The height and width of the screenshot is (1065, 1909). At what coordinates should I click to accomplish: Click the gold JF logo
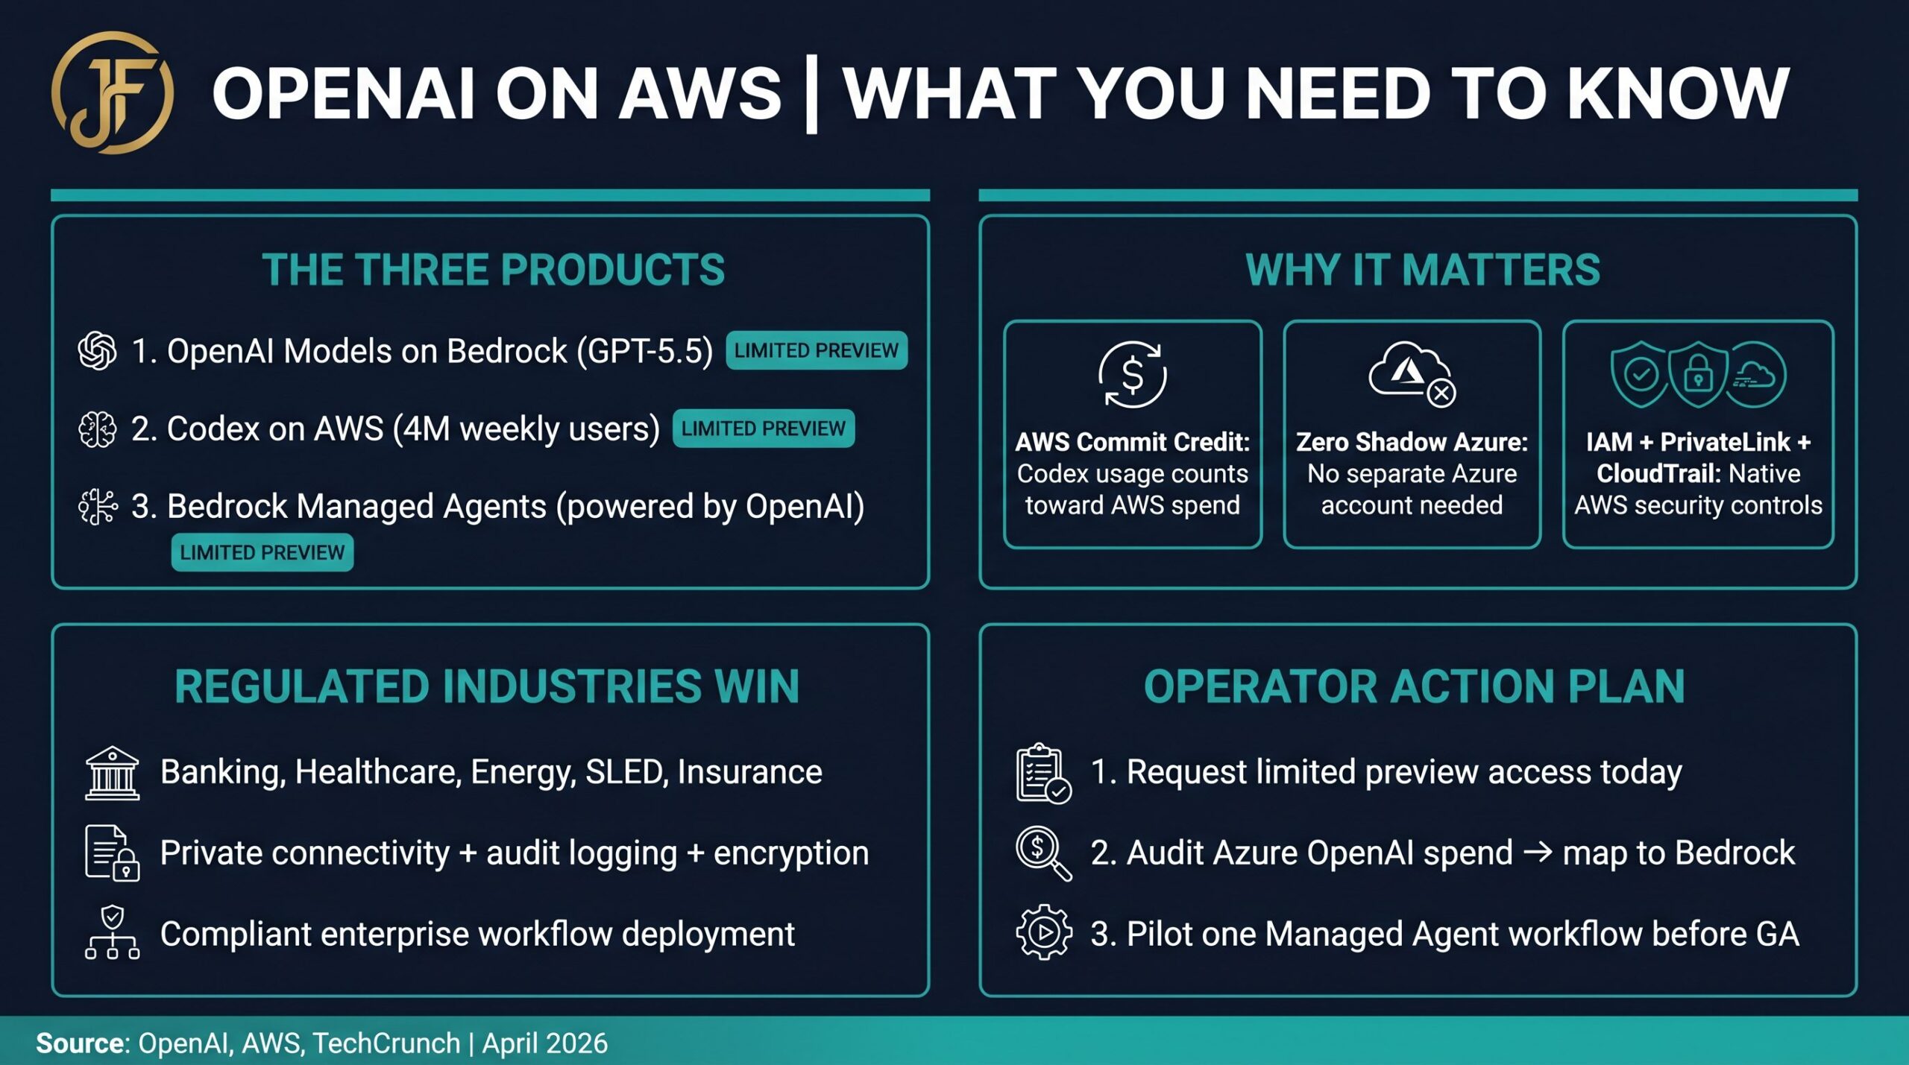(112, 93)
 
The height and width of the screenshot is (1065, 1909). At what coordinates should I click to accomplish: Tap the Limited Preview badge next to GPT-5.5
(816, 350)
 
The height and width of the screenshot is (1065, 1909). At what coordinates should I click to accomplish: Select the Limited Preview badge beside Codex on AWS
(763, 429)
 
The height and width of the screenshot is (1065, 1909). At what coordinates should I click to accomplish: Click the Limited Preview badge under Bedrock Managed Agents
(262, 552)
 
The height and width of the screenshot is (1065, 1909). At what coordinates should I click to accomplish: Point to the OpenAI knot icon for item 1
(97, 350)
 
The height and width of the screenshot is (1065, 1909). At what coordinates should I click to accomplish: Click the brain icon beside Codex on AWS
(97, 429)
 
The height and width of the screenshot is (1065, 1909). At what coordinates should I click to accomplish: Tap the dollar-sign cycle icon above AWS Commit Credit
(1132, 374)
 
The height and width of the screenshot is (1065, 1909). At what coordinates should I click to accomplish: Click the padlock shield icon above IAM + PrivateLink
(1698, 374)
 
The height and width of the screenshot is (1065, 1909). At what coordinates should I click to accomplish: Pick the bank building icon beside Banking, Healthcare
(112, 773)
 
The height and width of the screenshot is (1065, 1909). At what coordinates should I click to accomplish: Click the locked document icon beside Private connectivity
(112, 853)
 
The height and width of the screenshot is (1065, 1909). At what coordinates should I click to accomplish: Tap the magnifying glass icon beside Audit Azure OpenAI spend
(1042, 853)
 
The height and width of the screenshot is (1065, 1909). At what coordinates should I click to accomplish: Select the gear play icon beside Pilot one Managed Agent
(1043, 932)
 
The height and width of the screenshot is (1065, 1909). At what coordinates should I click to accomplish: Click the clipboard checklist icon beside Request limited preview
(1042, 773)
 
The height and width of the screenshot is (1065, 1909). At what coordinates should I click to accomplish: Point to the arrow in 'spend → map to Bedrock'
(1537, 852)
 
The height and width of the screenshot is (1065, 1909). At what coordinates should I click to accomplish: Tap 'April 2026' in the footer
(544, 1043)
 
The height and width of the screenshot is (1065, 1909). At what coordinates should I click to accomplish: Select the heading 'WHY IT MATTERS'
(1422, 270)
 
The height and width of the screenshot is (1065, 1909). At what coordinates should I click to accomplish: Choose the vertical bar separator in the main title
(811, 94)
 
